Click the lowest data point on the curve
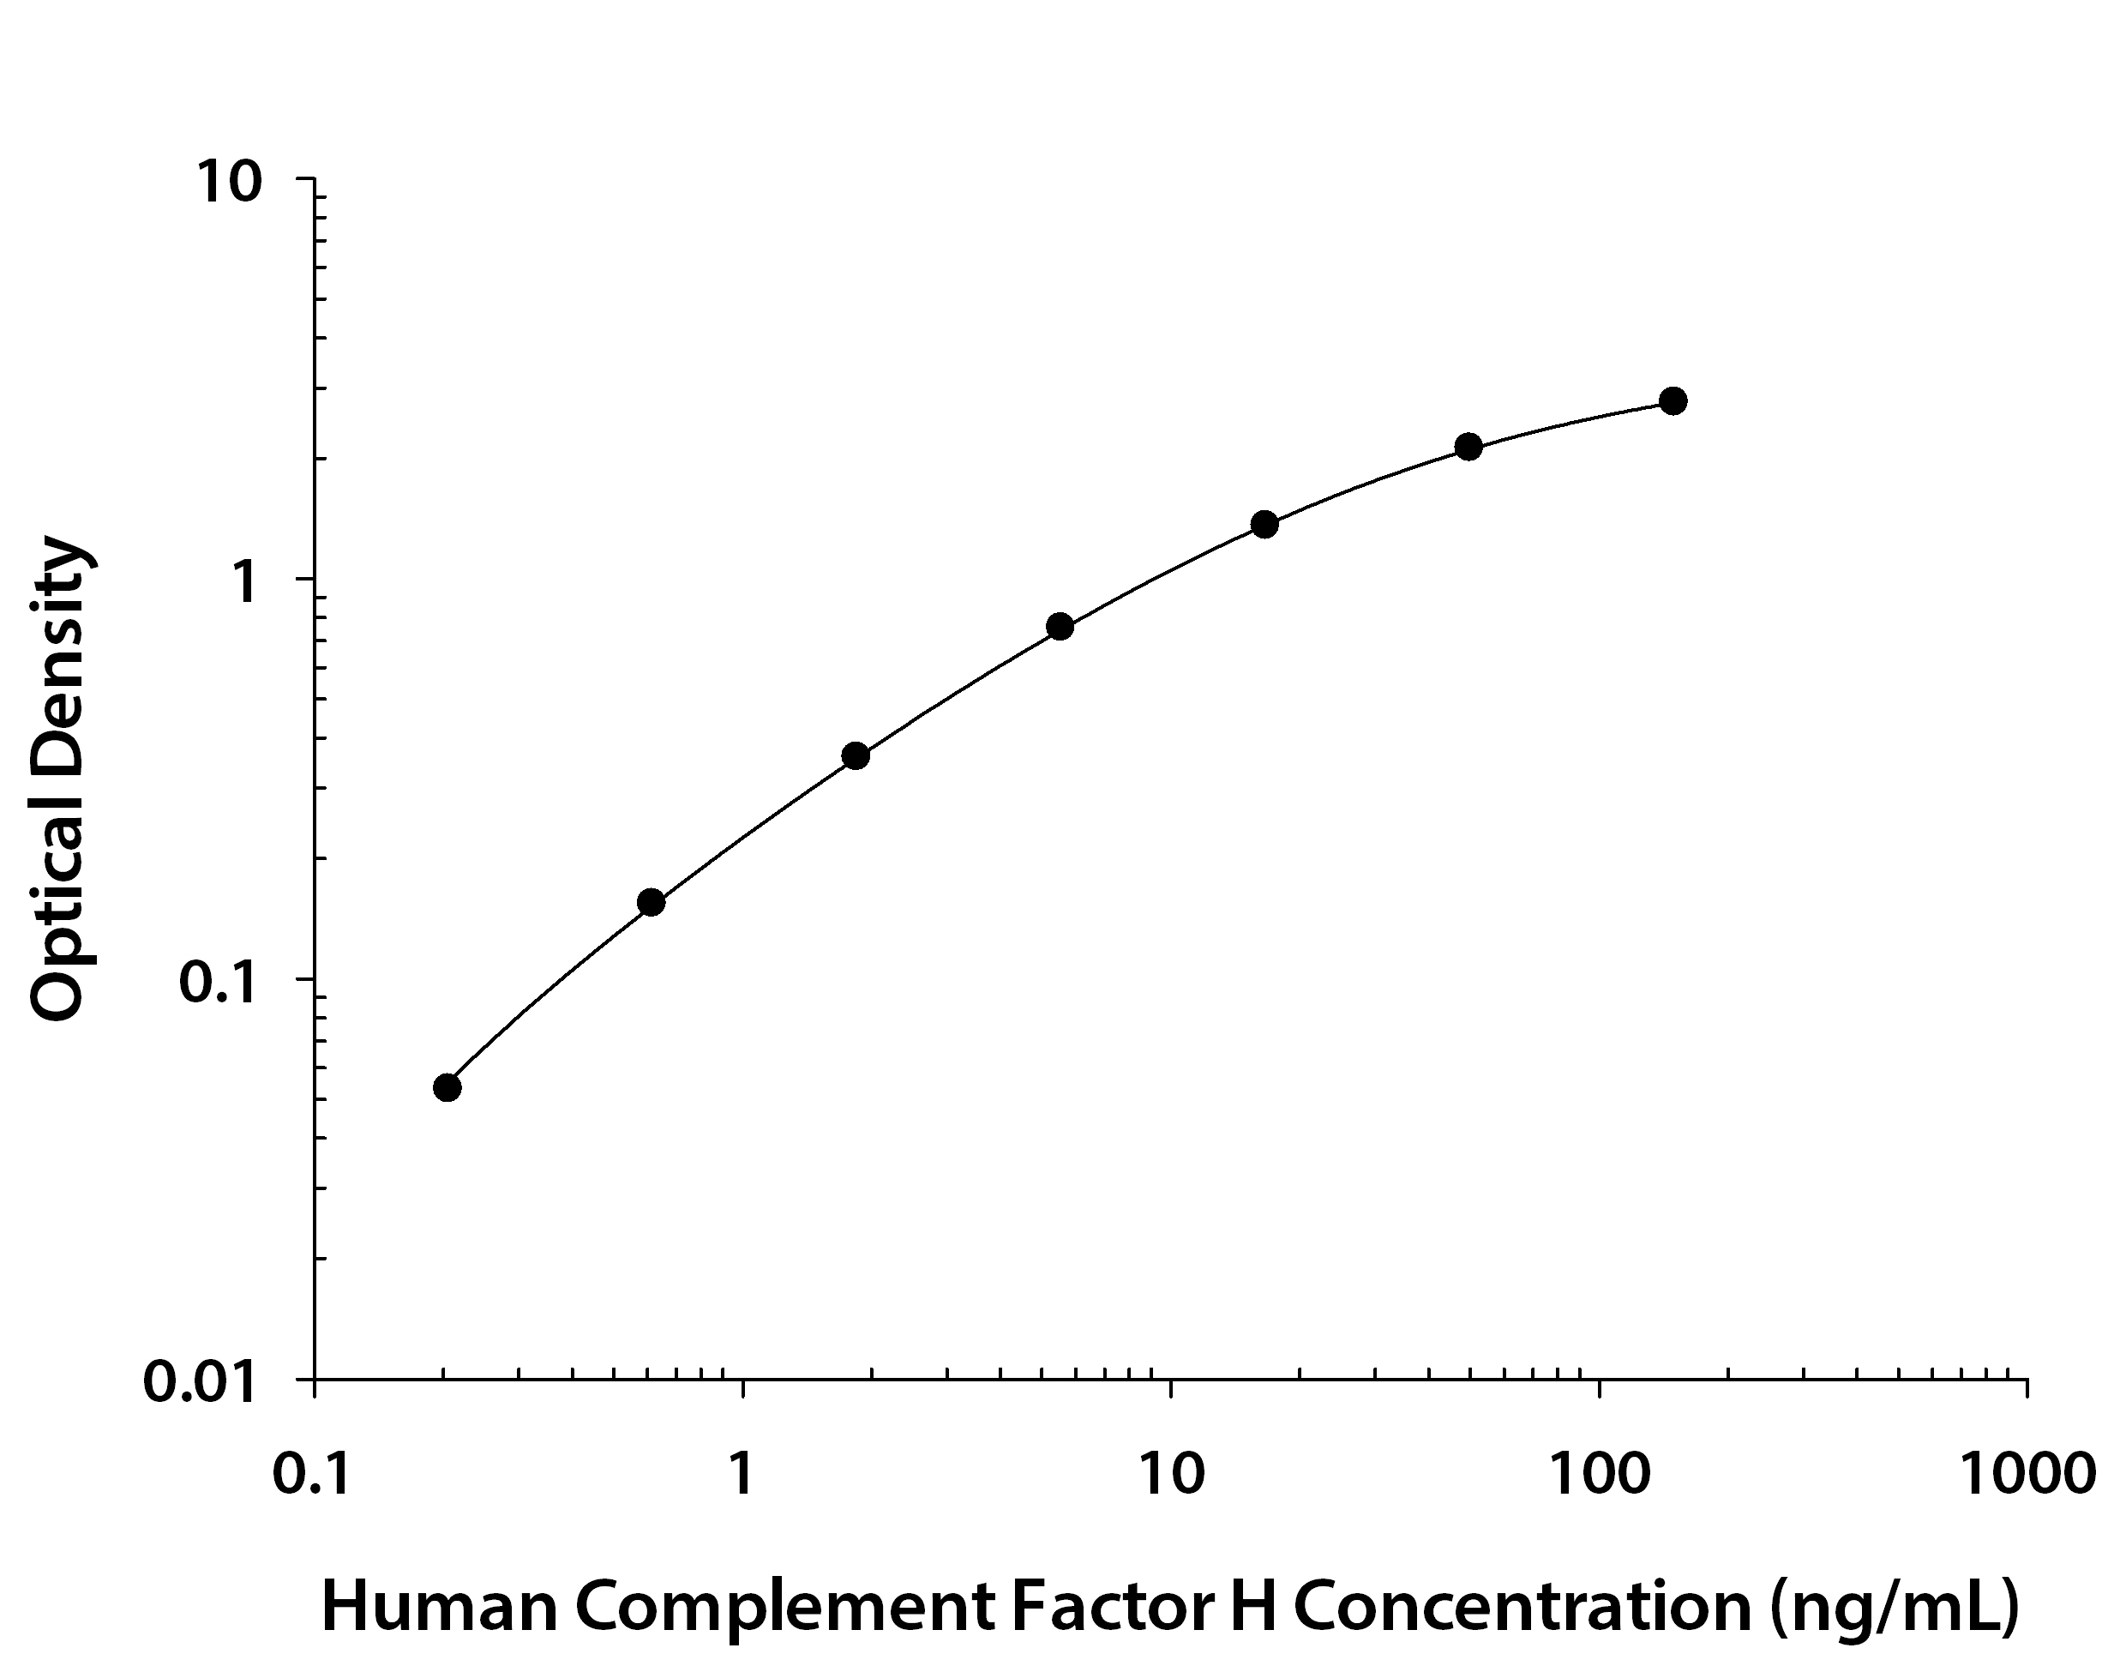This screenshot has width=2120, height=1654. coord(447,1087)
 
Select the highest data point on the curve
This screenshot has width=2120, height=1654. coord(1673,401)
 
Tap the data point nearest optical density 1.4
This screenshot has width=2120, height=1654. coord(1264,524)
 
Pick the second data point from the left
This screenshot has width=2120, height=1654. coord(652,903)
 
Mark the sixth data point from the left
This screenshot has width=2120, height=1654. coord(1468,448)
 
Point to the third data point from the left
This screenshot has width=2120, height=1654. coord(856,756)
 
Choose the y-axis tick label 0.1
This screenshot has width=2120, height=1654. coord(219,983)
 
